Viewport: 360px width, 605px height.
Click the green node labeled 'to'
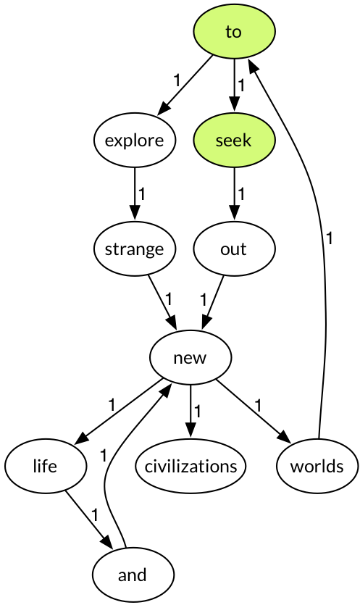pos(234,32)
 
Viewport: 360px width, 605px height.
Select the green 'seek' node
pos(234,140)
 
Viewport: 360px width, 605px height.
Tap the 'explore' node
pos(134,140)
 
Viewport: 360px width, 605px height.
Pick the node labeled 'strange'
pos(134,249)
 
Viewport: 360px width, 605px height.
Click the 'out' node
pos(234,249)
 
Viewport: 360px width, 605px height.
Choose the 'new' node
pos(191,358)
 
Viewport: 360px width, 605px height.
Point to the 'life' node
pos(46,466)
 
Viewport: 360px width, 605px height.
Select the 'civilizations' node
pos(191,466)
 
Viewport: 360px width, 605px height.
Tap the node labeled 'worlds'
pos(317,466)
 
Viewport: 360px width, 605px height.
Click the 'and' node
pos(133,575)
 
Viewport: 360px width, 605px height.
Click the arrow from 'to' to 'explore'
pos(185,85)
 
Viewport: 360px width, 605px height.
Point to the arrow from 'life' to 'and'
pos(89,520)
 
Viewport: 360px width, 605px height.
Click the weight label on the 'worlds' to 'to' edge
pos(329,238)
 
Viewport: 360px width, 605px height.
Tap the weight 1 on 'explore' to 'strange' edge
pos(141,194)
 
